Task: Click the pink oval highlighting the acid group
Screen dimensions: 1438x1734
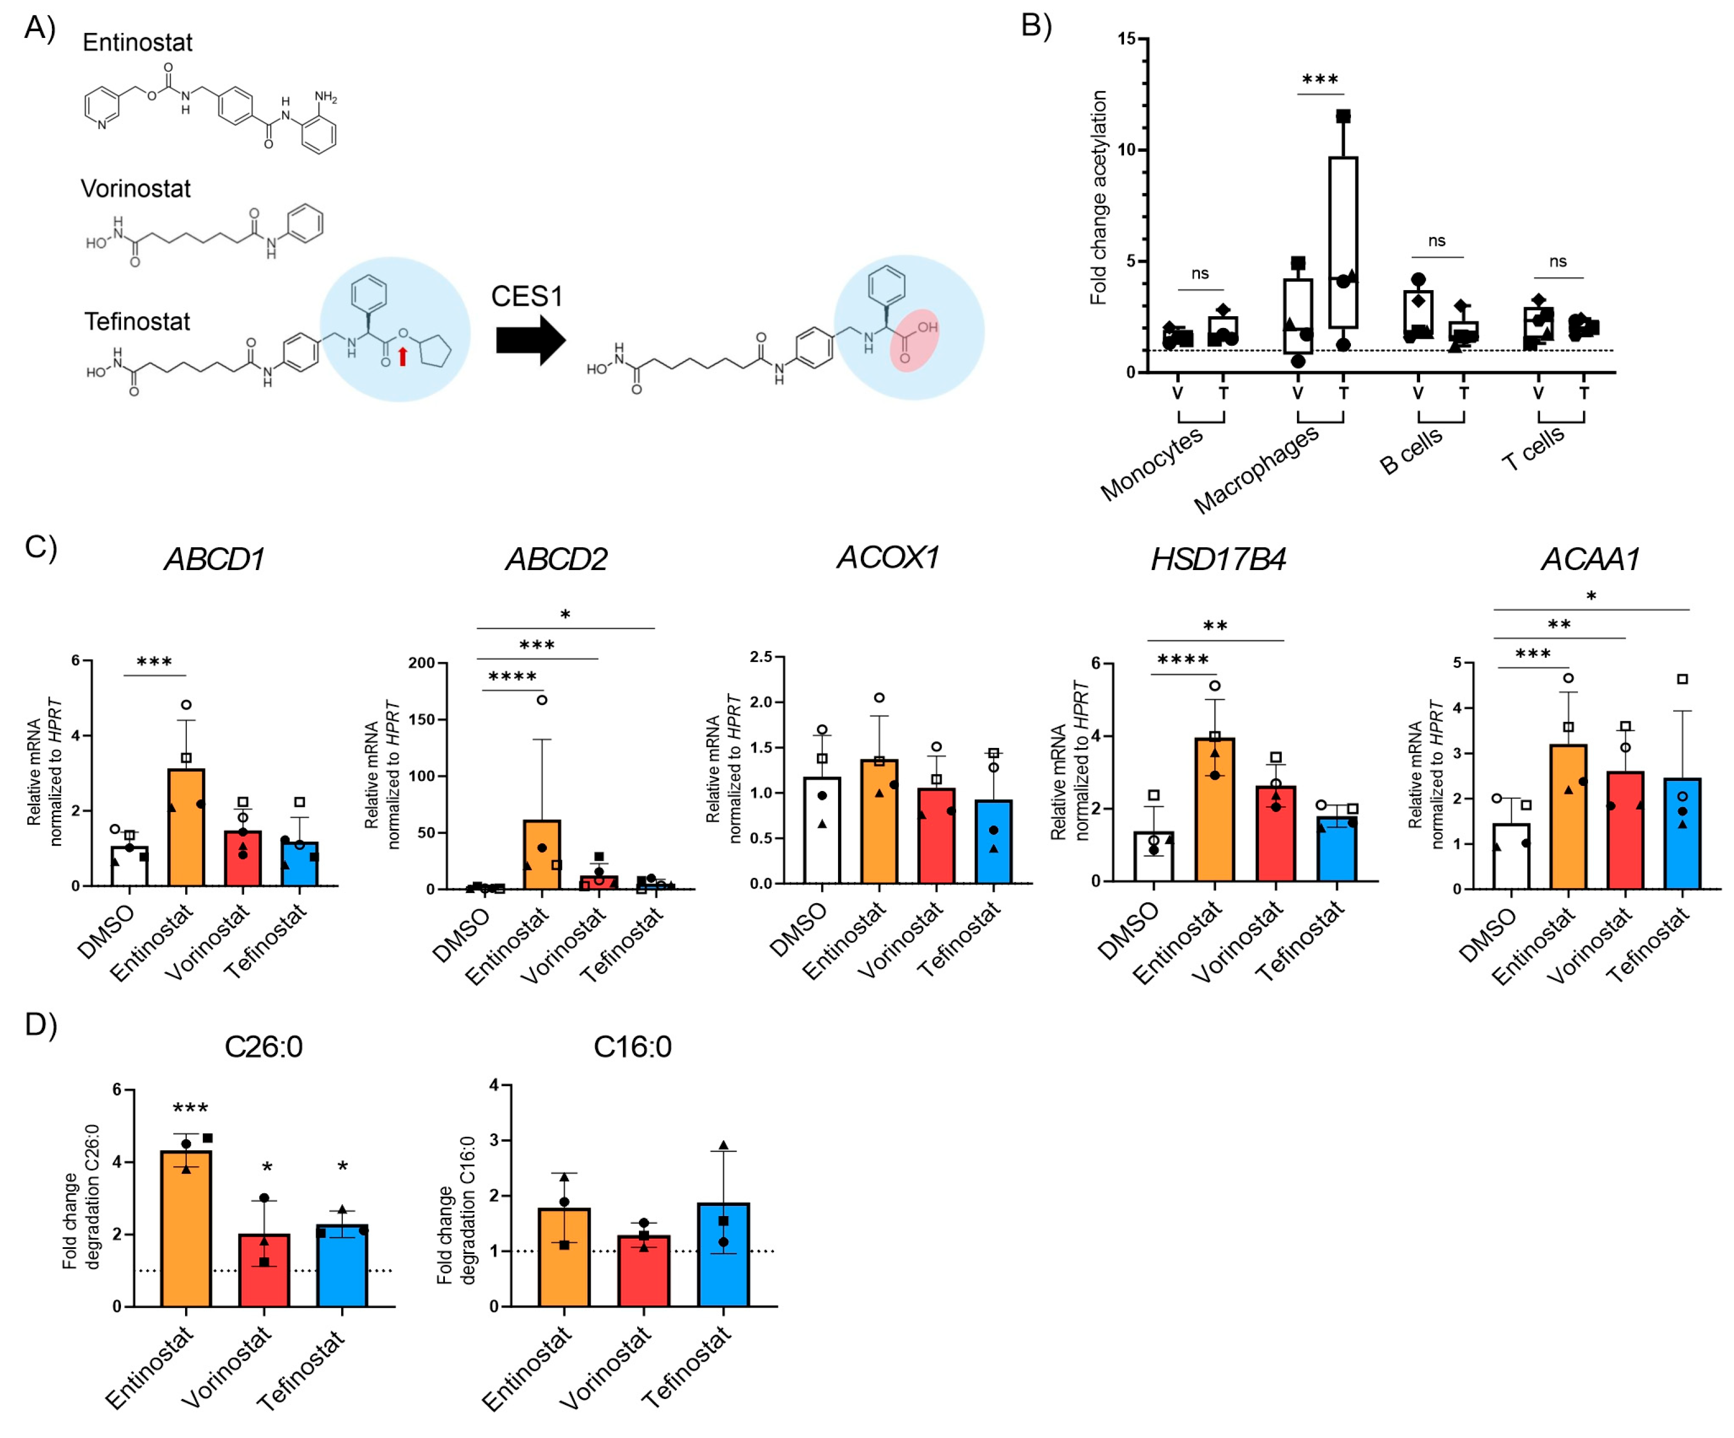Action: [914, 340]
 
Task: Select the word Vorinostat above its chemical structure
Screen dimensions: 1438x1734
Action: [135, 189]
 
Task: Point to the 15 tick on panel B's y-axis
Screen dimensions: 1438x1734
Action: [1126, 39]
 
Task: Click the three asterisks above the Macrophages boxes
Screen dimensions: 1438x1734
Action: [1320, 80]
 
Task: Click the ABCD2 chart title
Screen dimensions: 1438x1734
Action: [556, 559]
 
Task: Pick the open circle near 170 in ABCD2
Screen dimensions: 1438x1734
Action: [542, 699]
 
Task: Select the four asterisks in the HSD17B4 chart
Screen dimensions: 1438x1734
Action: [1183, 660]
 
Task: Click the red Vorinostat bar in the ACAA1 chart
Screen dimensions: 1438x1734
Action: [1625, 830]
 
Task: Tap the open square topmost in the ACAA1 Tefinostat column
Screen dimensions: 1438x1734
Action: [1682, 679]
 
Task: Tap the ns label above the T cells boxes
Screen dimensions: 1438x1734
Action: [1557, 262]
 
